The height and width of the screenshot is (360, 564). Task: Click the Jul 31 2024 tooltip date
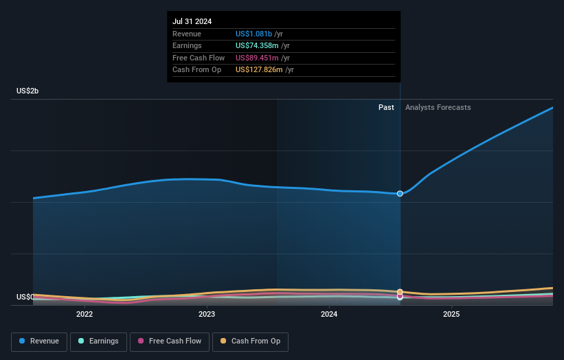(192, 21)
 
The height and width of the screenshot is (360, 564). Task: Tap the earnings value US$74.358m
(257, 46)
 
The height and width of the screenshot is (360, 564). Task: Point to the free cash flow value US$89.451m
(257, 58)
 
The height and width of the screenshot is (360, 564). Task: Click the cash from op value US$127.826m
(259, 70)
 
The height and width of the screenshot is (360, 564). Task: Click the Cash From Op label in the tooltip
(196, 70)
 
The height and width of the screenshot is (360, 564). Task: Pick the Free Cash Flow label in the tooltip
(198, 58)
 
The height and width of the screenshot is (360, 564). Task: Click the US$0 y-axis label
(25, 297)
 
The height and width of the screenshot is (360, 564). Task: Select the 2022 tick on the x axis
(84, 314)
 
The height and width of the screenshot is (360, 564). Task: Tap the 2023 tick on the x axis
(207, 314)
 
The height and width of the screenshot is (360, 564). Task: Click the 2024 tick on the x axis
(329, 314)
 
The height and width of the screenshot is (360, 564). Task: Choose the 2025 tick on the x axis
(451, 314)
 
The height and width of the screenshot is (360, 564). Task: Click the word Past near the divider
(386, 107)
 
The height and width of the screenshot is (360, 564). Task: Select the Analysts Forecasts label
(438, 107)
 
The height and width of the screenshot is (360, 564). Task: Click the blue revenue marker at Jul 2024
(400, 194)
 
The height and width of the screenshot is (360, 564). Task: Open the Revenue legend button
(39, 341)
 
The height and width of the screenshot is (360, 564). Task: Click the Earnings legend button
(98, 341)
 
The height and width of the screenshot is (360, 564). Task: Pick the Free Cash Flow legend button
(168, 341)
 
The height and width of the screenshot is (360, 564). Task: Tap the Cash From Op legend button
(250, 341)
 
